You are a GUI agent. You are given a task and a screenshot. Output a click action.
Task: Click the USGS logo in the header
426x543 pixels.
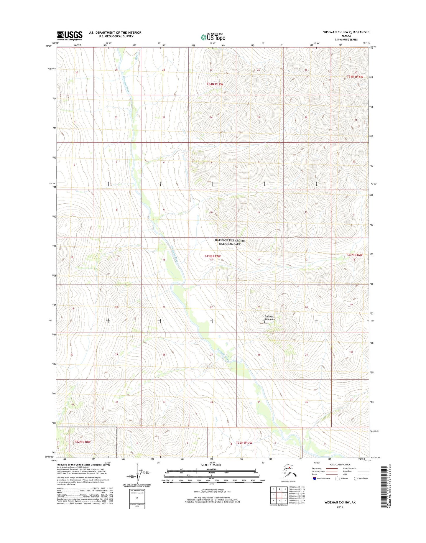(70, 36)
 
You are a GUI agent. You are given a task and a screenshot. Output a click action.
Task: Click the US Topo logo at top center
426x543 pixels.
(213, 37)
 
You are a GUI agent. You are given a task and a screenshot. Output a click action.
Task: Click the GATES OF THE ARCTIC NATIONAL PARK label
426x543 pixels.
(230, 242)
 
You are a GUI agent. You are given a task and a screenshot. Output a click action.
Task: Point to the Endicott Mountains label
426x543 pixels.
(269, 318)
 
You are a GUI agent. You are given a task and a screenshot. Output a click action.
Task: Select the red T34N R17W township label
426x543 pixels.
(215, 84)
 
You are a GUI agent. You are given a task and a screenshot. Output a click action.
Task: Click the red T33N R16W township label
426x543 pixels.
(354, 255)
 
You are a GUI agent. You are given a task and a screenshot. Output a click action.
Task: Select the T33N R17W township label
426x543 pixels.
(212, 256)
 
